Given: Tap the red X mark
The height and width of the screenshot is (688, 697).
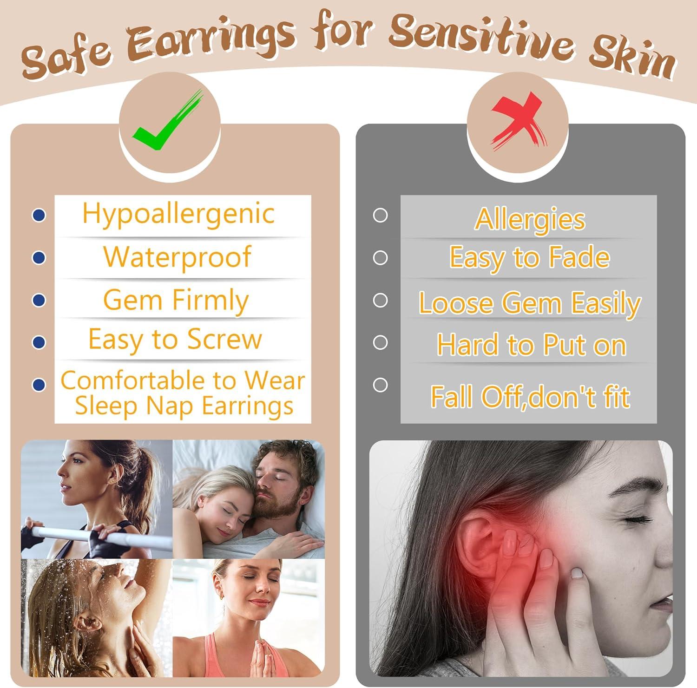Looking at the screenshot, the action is (518, 122).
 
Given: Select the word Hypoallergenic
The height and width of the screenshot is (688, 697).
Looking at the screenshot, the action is (178, 215).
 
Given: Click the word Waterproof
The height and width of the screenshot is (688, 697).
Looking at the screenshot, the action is (177, 256).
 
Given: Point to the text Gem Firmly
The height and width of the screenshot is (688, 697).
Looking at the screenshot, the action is (176, 300).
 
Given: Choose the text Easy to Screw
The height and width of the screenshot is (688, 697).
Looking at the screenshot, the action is (175, 339).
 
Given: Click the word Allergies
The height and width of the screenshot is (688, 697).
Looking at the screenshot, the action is (530, 219).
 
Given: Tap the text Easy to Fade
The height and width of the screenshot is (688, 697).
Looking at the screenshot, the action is (529, 258).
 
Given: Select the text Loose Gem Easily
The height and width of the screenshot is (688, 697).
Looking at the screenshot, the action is (530, 303).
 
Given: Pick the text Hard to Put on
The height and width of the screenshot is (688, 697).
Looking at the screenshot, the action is (532, 345).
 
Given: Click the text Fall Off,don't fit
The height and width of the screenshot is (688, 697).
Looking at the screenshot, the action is (530, 397).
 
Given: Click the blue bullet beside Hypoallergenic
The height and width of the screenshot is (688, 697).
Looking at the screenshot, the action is (39, 215).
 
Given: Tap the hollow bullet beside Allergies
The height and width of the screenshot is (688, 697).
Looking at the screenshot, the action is (380, 215).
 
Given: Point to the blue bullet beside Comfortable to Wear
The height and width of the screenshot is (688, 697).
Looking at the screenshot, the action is (39, 385).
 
